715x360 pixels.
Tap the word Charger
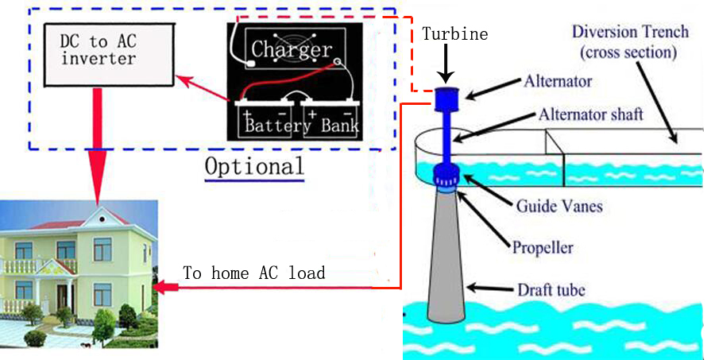[291, 49]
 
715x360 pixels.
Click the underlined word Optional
[254, 166]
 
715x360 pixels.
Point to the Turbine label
[454, 34]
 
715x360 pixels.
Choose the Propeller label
[543, 248]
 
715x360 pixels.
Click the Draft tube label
[551, 289]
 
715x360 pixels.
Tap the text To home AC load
[254, 273]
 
